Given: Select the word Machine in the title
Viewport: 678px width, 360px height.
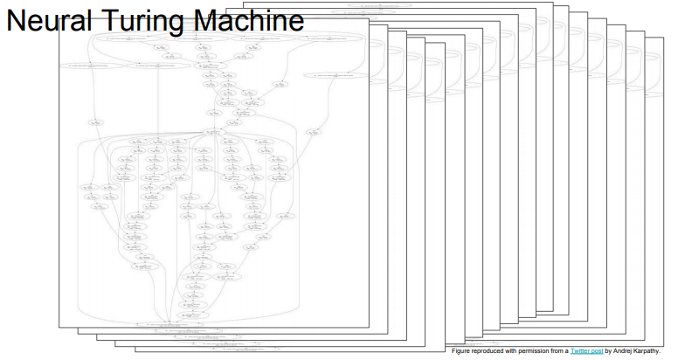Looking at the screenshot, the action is (x=245, y=22).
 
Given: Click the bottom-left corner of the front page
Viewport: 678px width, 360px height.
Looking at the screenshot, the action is (x=59, y=329).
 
